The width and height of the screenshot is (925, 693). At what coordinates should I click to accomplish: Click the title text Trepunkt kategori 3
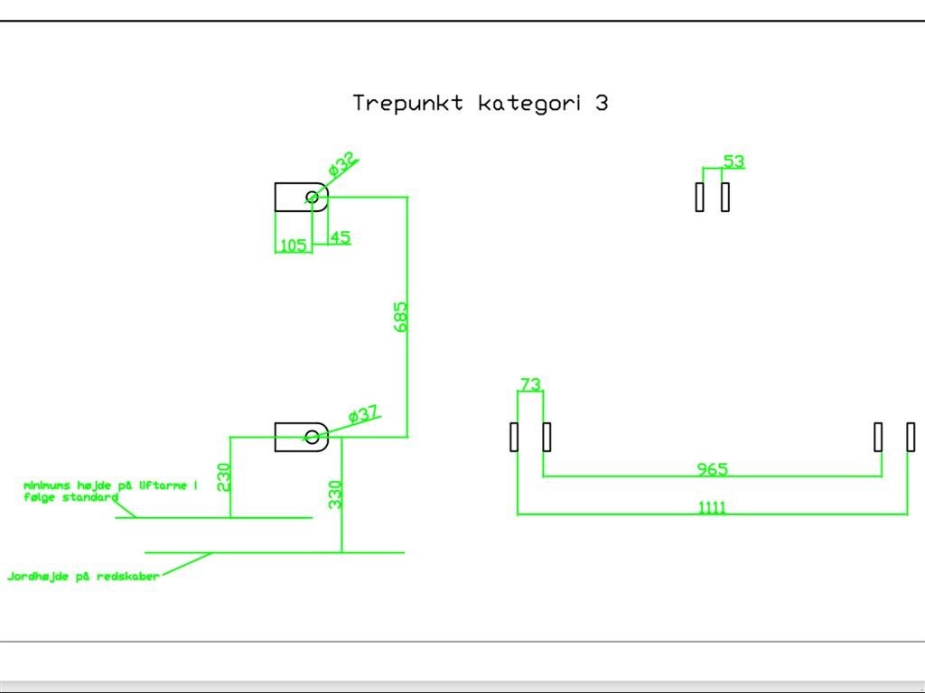click(x=480, y=103)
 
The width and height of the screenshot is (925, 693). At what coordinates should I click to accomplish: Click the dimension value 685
click(x=401, y=317)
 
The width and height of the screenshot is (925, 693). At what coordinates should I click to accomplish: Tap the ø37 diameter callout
click(x=362, y=415)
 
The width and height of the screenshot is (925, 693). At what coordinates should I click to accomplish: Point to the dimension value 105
click(x=292, y=245)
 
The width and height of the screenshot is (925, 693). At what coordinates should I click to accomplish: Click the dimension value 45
click(x=340, y=237)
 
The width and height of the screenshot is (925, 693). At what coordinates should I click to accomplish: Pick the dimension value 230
click(x=224, y=476)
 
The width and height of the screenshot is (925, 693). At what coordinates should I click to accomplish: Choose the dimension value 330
click(x=335, y=494)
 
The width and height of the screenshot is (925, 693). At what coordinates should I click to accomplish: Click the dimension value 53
click(x=733, y=162)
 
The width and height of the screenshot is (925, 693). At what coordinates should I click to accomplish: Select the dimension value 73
click(x=530, y=384)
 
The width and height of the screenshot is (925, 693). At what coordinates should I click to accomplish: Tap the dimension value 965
click(x=712, y=468)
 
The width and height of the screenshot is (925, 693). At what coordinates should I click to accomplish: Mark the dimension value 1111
click(x=712, y=507)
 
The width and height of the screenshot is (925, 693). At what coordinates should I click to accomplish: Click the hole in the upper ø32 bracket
click(x=312, y=197)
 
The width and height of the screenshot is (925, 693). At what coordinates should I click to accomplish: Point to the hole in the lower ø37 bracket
click(x=312, y=438)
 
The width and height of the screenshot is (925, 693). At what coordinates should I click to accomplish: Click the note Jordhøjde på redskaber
click(x=83, y=576)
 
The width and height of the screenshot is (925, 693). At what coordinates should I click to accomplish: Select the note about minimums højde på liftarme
click(x=109, y=491)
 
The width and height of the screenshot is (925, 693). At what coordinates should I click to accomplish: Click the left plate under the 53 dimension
click(x=699, y=197)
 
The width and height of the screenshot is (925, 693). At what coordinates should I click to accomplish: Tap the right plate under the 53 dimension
click(x=725, y=197)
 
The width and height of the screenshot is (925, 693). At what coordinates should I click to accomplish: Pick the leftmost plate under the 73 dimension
click(x=514, y=437)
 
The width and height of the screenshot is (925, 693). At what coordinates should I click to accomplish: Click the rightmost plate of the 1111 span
click(x=911, y=437)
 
